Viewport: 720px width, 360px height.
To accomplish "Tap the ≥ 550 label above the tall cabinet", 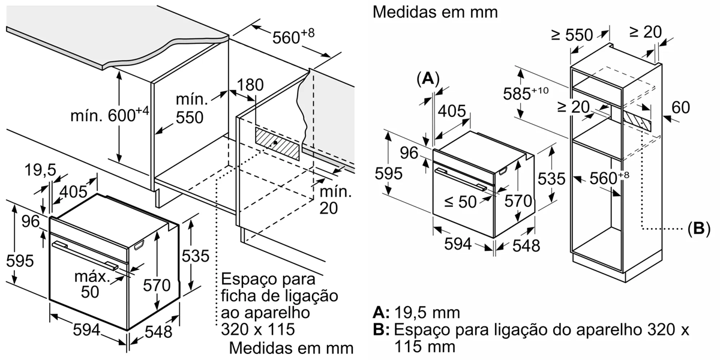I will (x=572, y=35).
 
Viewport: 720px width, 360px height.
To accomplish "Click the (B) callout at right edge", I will (x=698, y=229).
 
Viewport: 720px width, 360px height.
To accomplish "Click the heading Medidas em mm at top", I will (x=435, y=12).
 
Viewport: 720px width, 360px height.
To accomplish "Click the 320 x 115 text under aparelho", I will (x=258, y=329).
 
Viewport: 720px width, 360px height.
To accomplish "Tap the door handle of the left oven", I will (x=84, y=254).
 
